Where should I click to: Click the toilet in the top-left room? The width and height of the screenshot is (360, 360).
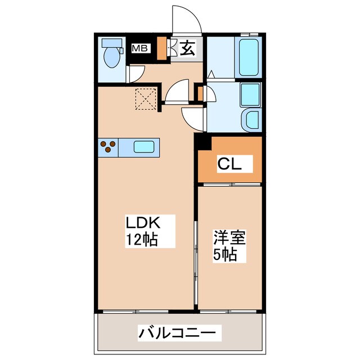click(112, 55)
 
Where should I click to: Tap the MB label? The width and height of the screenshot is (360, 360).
click(140, 48)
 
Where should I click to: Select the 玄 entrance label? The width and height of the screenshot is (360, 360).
click(188, 48)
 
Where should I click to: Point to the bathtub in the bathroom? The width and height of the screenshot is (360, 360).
click(247, 57)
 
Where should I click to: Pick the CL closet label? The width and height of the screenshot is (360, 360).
click(229, 165)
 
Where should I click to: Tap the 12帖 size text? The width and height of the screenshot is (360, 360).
click(141, 240)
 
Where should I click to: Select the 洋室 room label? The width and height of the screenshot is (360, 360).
click(229, 237)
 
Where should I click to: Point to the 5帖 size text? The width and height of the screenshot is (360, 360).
click(225, 253)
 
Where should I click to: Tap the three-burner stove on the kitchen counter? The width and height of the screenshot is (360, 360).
click(109, 147)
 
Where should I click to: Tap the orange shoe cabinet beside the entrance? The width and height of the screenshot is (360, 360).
click(162, 48)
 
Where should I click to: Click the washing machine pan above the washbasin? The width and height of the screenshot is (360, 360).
click(250, 94)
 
